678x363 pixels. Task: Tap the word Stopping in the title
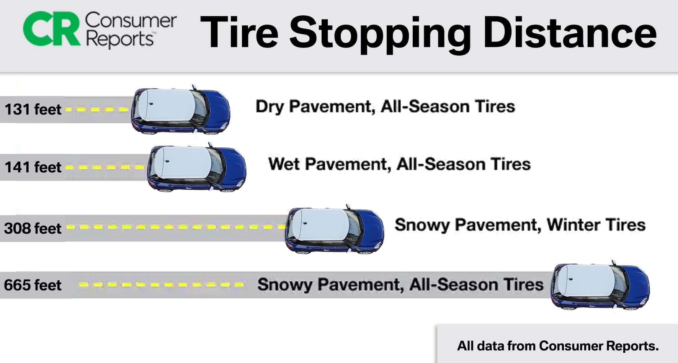[379, 34]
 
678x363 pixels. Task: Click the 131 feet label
[33, 110]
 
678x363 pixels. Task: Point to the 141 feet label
[33, 167]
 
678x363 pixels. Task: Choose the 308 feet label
[33, 228]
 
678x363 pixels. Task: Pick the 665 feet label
[33, 285]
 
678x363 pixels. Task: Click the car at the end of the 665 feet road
[600, 285]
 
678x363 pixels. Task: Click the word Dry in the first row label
[270, 107]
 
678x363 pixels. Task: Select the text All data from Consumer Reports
[558, 346]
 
